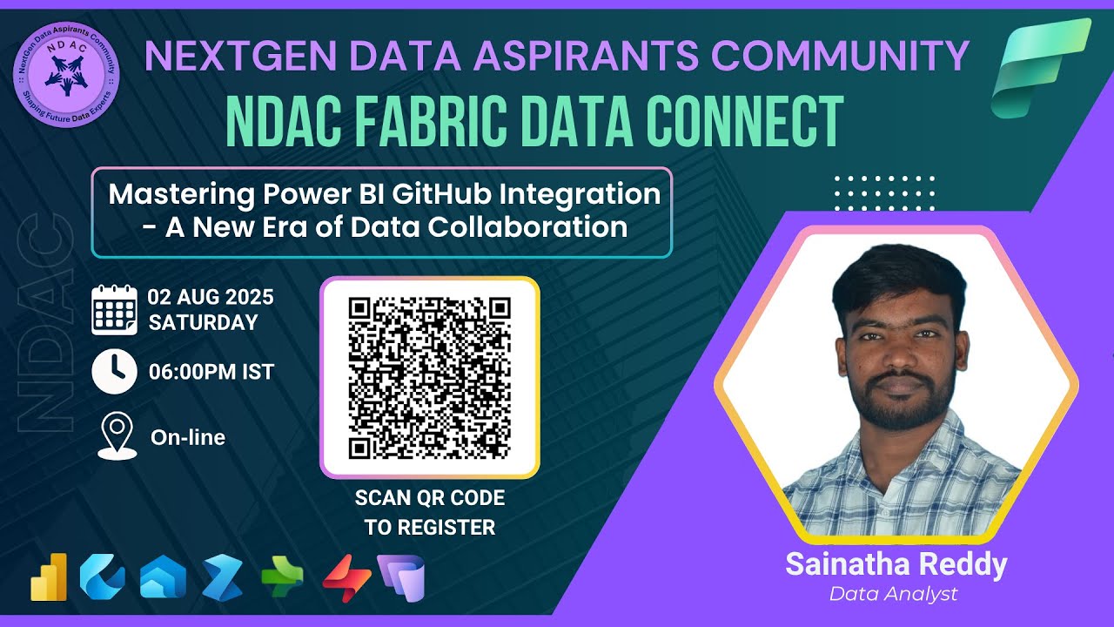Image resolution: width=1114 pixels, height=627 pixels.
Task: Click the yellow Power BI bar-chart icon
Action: click(x=49, y=576)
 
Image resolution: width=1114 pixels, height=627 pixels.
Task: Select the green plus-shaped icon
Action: click(x=283, y=576)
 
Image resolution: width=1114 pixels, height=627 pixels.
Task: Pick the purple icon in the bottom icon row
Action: click(x=401, y=577)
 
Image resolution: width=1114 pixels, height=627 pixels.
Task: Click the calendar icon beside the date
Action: click(x=115, y=310)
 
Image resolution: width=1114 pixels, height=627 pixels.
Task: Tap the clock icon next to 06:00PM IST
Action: click(x=115, y=372)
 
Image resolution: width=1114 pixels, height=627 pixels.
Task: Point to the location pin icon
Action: click(x=117, y=436)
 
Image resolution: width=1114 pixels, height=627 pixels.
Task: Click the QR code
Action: click(x=430, y=377)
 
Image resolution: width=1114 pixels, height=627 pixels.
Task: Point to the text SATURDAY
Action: click(x=204, y=322)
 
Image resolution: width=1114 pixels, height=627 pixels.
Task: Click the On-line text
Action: click(x=188, y=437)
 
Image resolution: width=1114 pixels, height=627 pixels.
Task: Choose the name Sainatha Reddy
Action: click(x=896, y=564)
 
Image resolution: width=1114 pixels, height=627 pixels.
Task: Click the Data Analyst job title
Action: click(x=893, y=594)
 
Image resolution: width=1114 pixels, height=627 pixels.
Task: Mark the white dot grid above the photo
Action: click(x=884, y=192)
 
